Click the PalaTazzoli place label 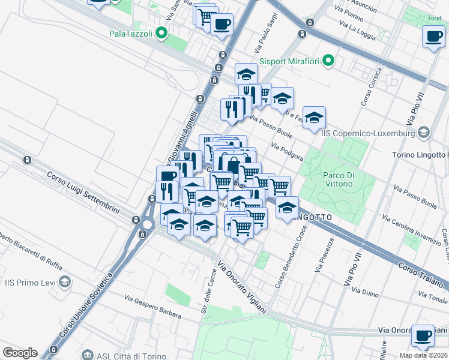point(130,34)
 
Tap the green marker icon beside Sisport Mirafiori point(328,61)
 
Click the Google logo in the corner point(20,353)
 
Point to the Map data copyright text point(423,355)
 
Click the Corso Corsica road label point(371,88)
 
